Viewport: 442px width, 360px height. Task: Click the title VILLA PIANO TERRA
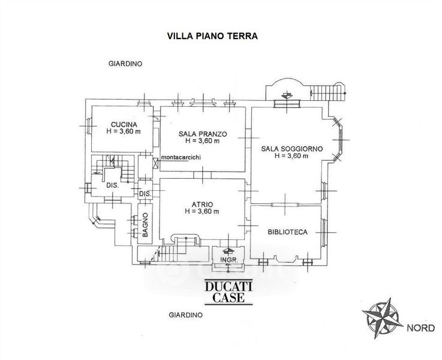point(212,35)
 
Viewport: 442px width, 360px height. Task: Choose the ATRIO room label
point(202,204)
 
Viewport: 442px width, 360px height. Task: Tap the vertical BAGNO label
point(145,224)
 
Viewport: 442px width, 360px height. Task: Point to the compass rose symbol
point(381,316)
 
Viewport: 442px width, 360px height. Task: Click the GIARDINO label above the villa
point(125,64)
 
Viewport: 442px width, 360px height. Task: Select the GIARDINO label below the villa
point(185,314)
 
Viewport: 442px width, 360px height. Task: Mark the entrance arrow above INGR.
point(227,251)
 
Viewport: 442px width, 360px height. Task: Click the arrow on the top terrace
point(287,95)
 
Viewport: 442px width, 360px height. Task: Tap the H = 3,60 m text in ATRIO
point(202,212)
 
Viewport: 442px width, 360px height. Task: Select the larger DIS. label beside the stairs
point(113,185)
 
